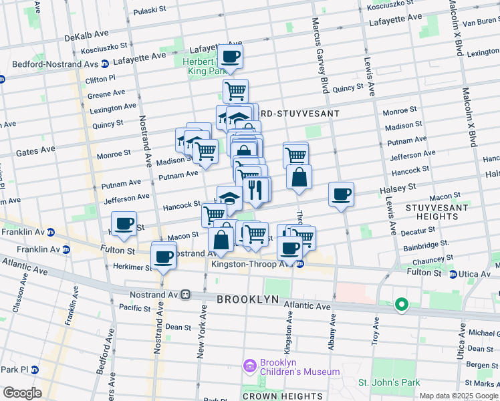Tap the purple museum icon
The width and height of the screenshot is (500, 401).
coord(250,366)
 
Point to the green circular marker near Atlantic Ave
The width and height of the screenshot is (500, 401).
coord(401,305)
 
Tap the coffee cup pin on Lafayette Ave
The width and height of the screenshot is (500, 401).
coord(230,57)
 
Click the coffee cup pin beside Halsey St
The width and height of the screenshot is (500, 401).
coord(341,194)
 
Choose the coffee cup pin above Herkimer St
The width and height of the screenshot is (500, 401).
coord(163,256)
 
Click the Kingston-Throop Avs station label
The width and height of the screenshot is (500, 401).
coord(253,263)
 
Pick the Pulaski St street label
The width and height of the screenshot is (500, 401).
coord(148,11)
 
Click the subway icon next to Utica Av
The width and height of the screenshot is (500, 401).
coord(453,274)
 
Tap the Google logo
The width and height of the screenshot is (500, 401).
coord(23,393)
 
